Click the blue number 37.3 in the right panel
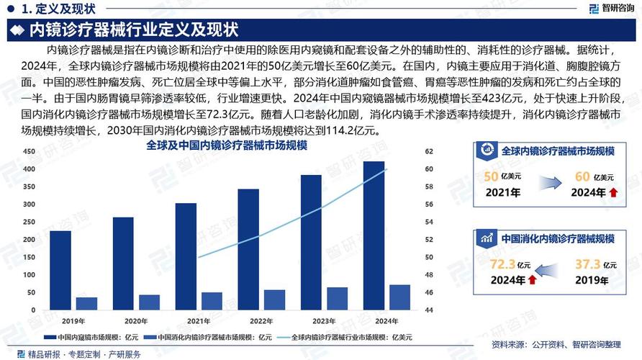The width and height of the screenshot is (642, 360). [587, 266]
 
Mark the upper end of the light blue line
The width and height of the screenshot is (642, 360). [386, 169]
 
